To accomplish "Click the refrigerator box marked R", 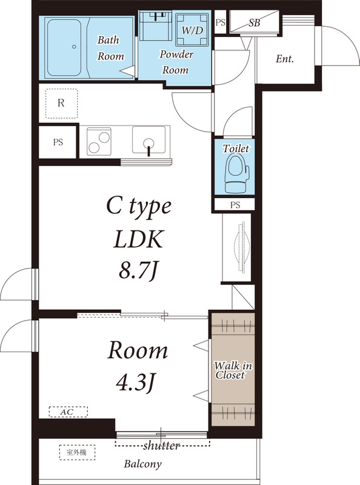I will [x=61, y=103].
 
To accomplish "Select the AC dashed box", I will [x=67, y=412].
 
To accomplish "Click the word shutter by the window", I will [x=161, y=446].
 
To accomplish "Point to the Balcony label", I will [x=143, y=465].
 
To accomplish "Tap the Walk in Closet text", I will [x=233, y=370].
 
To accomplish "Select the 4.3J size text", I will [x=137, y=382].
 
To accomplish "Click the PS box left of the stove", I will [x=58, y=143].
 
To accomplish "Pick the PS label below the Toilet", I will [x=235, y=205].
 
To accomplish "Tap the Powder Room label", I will [x=176, y=62].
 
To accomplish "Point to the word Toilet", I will [x=235, y=149].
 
